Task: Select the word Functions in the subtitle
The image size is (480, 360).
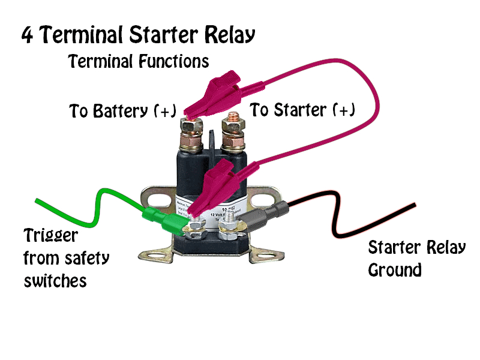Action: [x=174, y=61]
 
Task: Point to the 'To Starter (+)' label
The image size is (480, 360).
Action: [x=302, y=110]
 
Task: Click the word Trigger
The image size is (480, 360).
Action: [x=50, y=235]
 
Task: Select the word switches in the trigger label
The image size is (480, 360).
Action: [x=55, y=280]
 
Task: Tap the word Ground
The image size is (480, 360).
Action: [x=394, y=270]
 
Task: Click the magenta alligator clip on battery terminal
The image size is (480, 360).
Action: [x=210, y=96]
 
